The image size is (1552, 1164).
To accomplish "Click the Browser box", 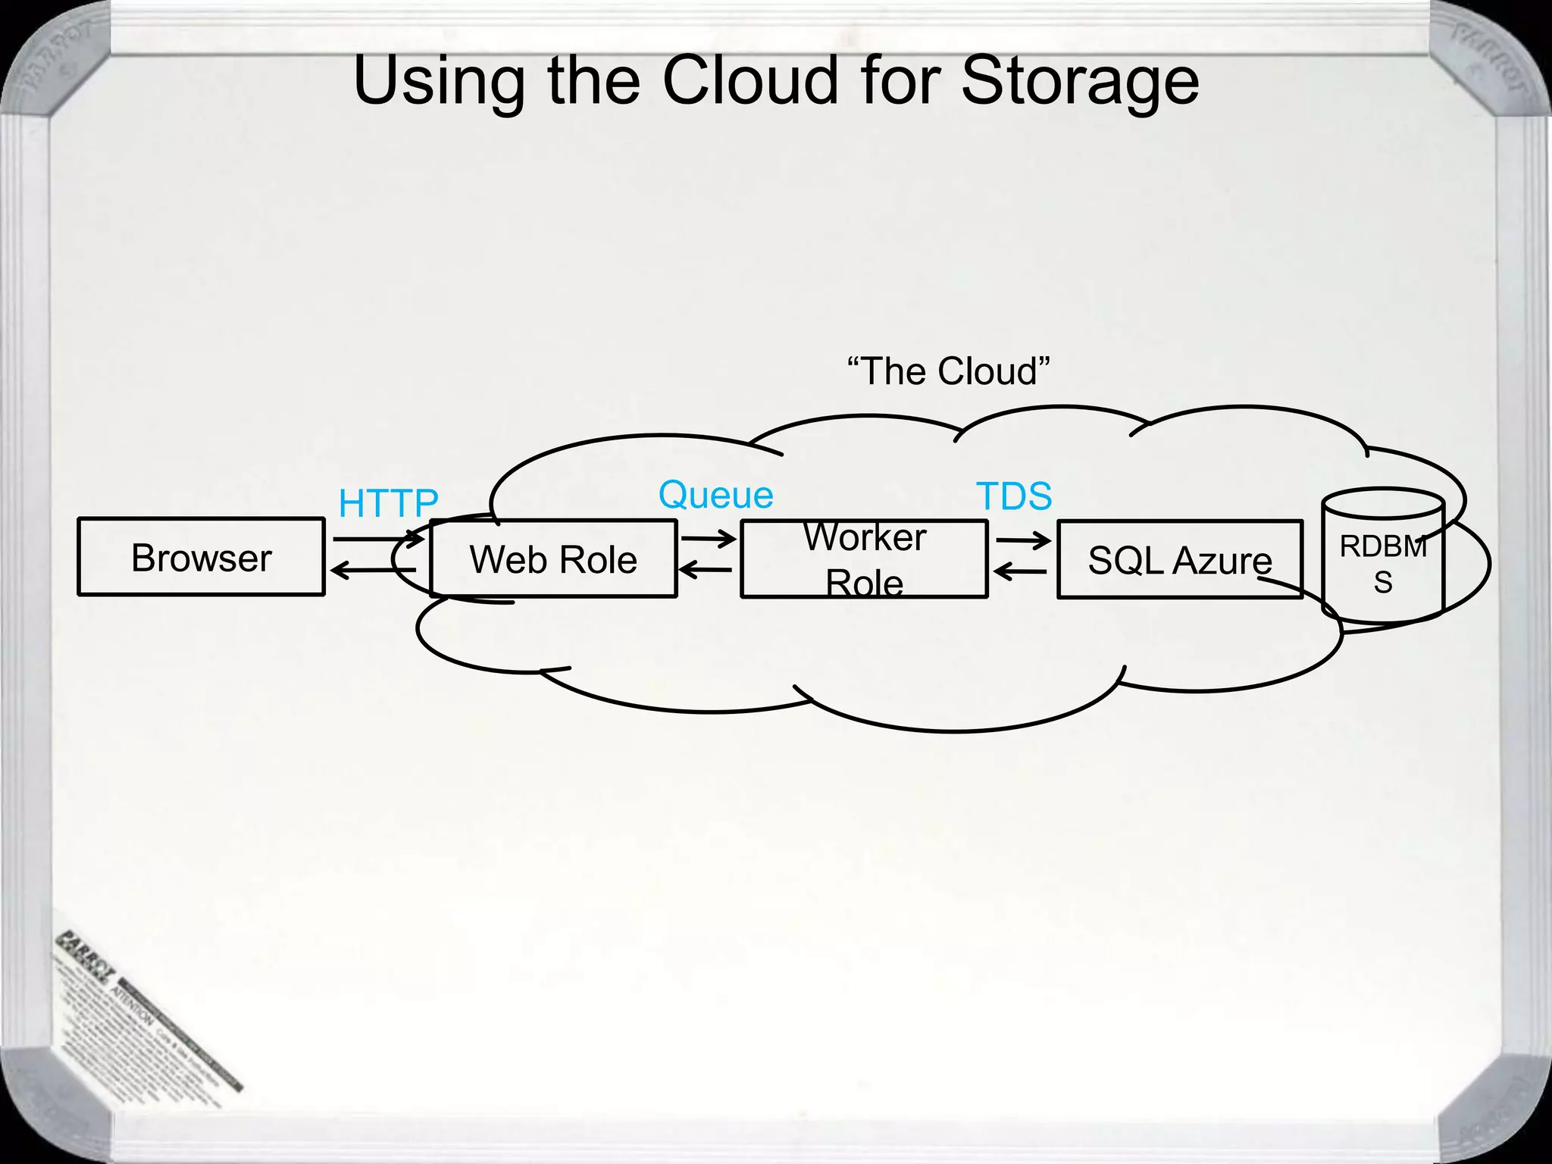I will [201, 557].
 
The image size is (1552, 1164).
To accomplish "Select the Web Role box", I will [553, 559].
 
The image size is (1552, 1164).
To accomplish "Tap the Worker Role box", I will [864, 559].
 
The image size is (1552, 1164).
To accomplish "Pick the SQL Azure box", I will [1179, 560].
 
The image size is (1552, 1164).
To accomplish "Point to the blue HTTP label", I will [388, 503].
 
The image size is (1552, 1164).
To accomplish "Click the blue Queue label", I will [715, 495].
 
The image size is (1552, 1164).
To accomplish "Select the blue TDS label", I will [1014, 496].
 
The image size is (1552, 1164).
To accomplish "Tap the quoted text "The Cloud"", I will [948, 371].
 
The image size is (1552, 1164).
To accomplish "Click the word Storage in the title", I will [1080, 81].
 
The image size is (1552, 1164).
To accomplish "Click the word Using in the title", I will [439, 81].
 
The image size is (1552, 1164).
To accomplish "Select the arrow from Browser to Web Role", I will [377, 539].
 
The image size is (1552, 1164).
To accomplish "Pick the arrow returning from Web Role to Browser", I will [373, 570].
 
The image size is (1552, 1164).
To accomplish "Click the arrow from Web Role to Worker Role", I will [708, 539].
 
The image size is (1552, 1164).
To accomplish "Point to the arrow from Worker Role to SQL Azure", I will [1023, 540].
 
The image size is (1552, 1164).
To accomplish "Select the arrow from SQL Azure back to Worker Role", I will [1020, 571].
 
